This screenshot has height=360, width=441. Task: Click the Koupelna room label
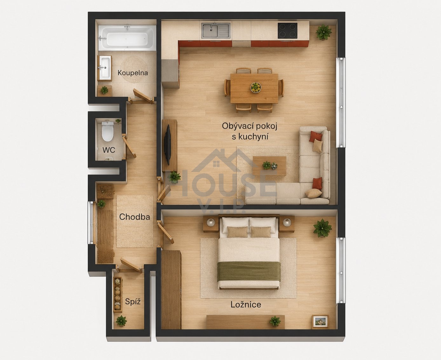(x=132, y=73)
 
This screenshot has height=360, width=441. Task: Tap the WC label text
(x=109, y=150)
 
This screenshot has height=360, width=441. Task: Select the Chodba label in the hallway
(x=134, y=217)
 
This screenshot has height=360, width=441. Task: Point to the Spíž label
(x=132, y=302)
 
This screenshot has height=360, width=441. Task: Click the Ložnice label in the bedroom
(x=246, y=305)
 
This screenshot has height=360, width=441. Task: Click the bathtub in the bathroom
(x=127, y=38)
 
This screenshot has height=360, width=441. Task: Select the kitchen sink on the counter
(x=216, y=31)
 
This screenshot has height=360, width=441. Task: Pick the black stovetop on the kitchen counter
(x=288, y=31)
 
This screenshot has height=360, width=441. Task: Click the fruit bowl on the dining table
(x=256, y=87)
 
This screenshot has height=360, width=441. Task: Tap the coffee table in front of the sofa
(x=269, y=166)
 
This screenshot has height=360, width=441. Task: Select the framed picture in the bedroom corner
(x=320, y=322)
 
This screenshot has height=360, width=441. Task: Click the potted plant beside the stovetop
(x=323, y=32)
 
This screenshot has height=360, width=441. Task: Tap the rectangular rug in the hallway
(x=135, y=221)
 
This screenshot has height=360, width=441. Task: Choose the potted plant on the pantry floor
(x=121, y=321)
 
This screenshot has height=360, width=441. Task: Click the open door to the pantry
(x=131, y=265)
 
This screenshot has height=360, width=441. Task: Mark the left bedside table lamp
(x=211, y=222)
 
